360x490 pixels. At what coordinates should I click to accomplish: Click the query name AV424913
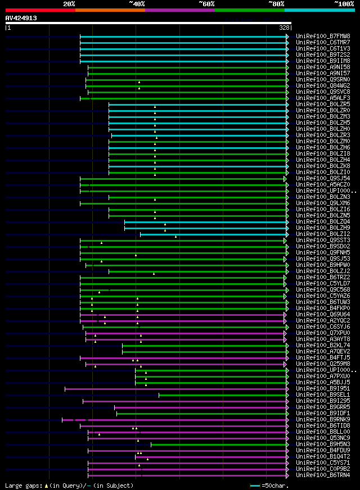(x=21, y=18)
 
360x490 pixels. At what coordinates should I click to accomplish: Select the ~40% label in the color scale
(x=137, y=3)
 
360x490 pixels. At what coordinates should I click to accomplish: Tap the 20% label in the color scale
(x=69, y=3)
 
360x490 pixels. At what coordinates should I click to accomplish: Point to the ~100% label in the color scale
(x=344, y=3)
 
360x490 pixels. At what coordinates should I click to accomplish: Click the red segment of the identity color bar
(x=39, y=10)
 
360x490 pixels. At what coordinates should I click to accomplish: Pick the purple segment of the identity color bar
(x=179, y=10)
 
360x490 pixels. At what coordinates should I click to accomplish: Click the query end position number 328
(x=284, y=27)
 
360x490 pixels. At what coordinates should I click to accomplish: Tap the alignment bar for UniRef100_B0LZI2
(x=214, y=234)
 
